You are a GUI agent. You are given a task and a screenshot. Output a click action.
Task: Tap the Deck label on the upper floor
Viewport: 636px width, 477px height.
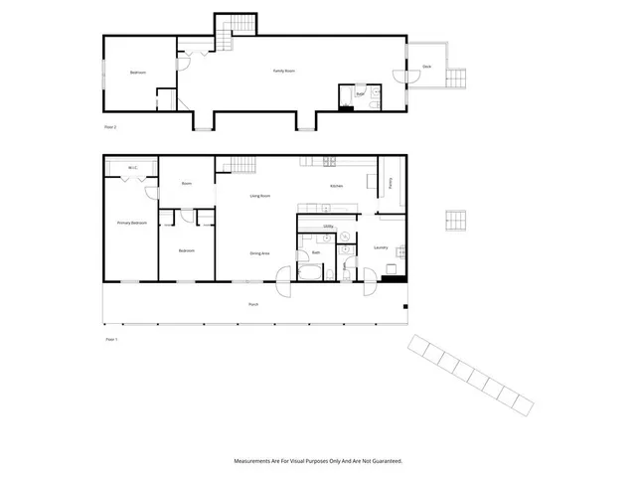pos(426,67)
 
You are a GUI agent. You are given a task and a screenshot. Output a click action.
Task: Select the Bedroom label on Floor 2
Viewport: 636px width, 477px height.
pos(138,73)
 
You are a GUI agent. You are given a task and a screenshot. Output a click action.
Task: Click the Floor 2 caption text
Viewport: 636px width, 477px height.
pos(110,128)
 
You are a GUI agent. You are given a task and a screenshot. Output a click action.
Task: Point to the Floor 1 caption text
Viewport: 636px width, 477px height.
pos(111,340)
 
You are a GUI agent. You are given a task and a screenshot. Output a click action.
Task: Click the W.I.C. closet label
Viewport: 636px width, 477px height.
pos(131,168)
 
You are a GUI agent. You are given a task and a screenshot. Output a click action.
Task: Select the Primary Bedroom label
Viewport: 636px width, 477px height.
pos(132,223)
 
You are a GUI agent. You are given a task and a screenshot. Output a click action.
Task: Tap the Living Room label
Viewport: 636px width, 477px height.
pos(260,196)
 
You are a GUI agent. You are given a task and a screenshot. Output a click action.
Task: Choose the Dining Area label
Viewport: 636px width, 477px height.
pos(260,253)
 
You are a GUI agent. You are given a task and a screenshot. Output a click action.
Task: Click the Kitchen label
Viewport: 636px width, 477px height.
pos(337,186)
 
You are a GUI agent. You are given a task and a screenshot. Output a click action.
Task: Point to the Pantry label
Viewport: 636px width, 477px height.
pos(391,183)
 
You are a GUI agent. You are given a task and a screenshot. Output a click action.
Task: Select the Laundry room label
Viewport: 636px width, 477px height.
pos(381,247)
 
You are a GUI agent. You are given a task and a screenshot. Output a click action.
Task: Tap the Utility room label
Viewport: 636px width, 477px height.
pos(328,227)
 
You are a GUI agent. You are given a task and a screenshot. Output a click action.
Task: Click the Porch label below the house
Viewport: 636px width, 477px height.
pos(253,304)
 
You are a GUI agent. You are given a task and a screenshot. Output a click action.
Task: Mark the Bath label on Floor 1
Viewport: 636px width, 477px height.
pos(316,253)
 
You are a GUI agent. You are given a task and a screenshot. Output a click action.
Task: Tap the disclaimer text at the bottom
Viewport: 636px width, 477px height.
pos(318,461)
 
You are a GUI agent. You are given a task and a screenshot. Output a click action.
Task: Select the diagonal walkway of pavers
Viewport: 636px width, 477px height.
pos(470,374)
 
